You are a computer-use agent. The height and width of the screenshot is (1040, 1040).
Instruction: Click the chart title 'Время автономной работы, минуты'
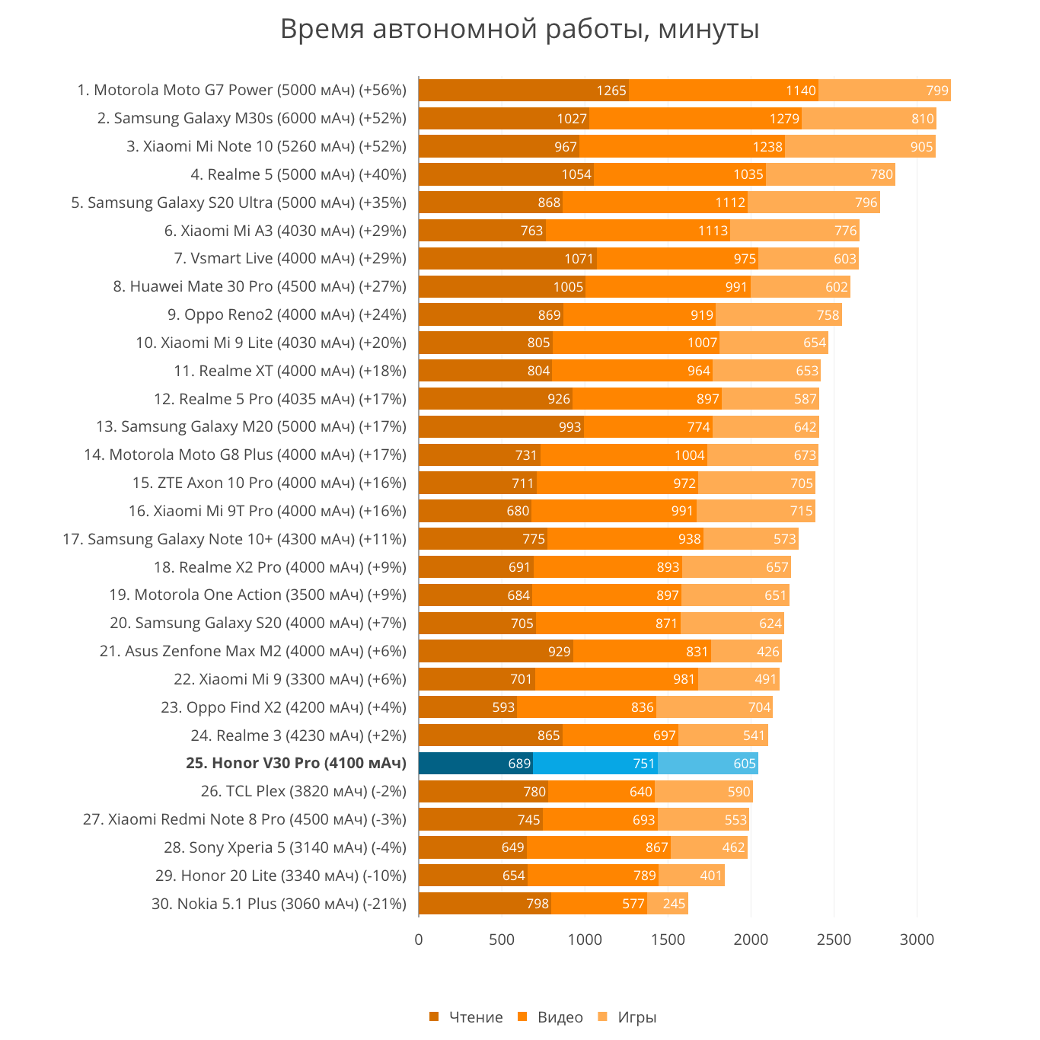pos(520,30)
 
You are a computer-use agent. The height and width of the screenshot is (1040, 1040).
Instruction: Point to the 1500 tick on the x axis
pos(668,940)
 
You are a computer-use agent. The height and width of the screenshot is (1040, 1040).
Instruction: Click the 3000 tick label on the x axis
pos(917,940)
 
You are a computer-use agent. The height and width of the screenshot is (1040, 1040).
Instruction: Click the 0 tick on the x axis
pos(419,940)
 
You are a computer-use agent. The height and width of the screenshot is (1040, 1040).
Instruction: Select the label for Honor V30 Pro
pos(296,764)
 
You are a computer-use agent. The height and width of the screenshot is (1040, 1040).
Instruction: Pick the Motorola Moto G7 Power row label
pos(242,91)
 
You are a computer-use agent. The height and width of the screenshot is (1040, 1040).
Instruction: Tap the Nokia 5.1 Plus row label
pos(279,904)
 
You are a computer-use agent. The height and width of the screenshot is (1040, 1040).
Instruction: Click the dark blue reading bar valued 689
pos(476,764)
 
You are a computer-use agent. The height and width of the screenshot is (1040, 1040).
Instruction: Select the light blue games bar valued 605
pos(708,764)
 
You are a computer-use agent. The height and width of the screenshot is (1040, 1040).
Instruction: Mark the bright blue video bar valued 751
pos(595,764)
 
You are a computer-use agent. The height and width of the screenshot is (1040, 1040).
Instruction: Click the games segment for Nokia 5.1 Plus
pos(668,904)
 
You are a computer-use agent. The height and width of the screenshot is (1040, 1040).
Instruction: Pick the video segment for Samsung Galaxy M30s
pos(695,119)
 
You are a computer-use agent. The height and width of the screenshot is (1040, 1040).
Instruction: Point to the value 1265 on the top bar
pos(611,91)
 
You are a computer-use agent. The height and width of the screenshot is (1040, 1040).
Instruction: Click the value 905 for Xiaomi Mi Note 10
pos(921,147)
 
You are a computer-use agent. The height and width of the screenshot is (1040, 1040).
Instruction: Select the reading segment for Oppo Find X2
pos(467,707)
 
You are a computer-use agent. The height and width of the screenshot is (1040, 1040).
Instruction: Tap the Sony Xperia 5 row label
pos(285,847)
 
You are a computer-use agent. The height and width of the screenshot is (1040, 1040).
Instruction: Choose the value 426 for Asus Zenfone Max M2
pos(767,652)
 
